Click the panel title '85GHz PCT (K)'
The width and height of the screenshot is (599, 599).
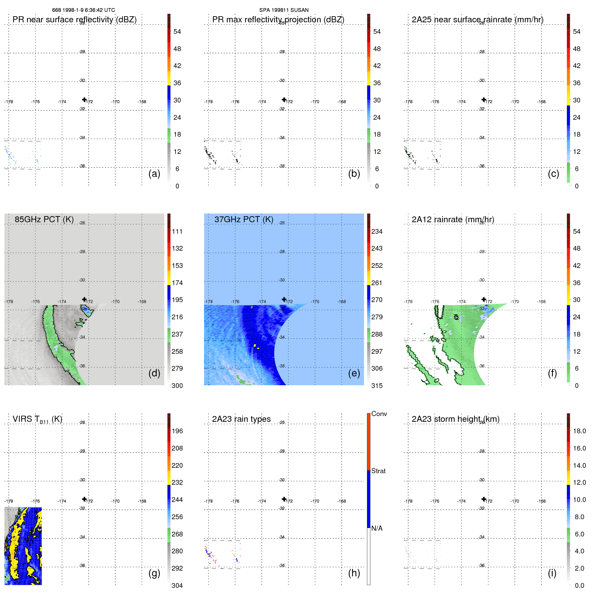coord(44,219)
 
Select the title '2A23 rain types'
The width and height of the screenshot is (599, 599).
coord(241,419)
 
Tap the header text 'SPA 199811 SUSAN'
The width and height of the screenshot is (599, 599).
coord(284,10)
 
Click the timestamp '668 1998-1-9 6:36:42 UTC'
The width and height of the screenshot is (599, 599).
coord(84,10)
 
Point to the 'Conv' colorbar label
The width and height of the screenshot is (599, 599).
coord(379,414)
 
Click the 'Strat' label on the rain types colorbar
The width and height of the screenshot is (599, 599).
coord(378,471)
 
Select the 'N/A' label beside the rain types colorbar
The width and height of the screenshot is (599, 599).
coord(377,528)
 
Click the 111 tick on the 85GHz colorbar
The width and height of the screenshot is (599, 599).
coord(177,231)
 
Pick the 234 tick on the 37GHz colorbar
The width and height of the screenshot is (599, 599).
coord(377,231)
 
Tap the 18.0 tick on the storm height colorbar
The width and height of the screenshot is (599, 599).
coord(579,431)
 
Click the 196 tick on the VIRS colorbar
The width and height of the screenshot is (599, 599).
coord(177,431)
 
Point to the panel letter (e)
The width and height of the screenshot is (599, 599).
coord(354,373)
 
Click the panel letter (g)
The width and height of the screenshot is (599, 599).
coord(154,573)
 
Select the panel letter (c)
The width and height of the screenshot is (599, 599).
coord(553,174)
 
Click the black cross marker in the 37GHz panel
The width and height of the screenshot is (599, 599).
coord(284,299)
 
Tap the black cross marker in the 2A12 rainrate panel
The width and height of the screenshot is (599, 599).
coord(484,299)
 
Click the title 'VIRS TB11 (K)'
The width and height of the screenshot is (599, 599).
coord(37,419)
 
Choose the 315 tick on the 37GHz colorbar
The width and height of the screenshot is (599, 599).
coord(377,386)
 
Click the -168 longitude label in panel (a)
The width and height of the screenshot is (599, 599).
coord(142,101)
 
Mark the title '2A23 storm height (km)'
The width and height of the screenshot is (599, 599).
coord(455,419)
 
